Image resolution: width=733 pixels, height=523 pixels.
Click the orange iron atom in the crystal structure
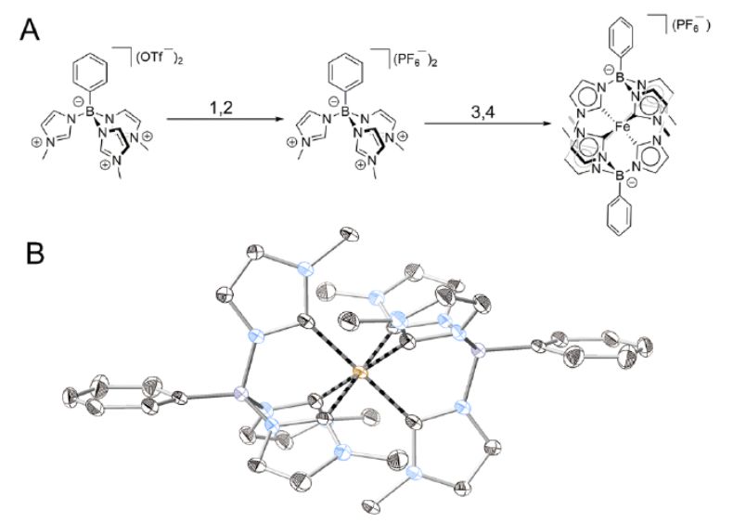[360, 373]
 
